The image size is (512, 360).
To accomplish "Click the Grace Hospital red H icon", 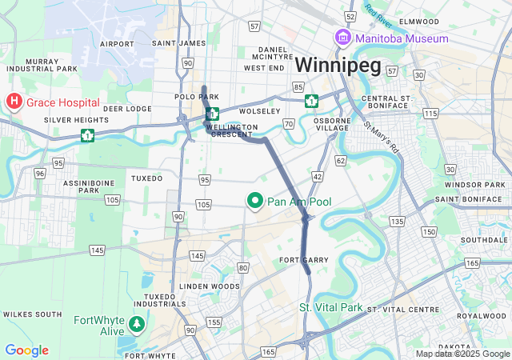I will coord(14,102).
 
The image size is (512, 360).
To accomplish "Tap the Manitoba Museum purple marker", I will coord(343,38).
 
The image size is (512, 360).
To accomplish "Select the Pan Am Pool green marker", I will coord(255,202).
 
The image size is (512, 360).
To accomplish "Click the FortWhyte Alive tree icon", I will coord(137,323).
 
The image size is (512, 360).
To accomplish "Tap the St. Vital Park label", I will coord(331,308).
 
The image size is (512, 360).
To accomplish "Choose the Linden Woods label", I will coord(210,286).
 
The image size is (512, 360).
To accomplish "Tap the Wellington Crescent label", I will coord(232,131).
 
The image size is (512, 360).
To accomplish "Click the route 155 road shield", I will coord(214,322).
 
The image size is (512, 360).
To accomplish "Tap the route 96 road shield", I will coord(39,173).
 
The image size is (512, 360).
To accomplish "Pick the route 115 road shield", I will coord(430,114).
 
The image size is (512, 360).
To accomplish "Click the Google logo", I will coord(26,350).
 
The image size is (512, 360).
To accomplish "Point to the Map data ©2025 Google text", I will coord(462,354).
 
